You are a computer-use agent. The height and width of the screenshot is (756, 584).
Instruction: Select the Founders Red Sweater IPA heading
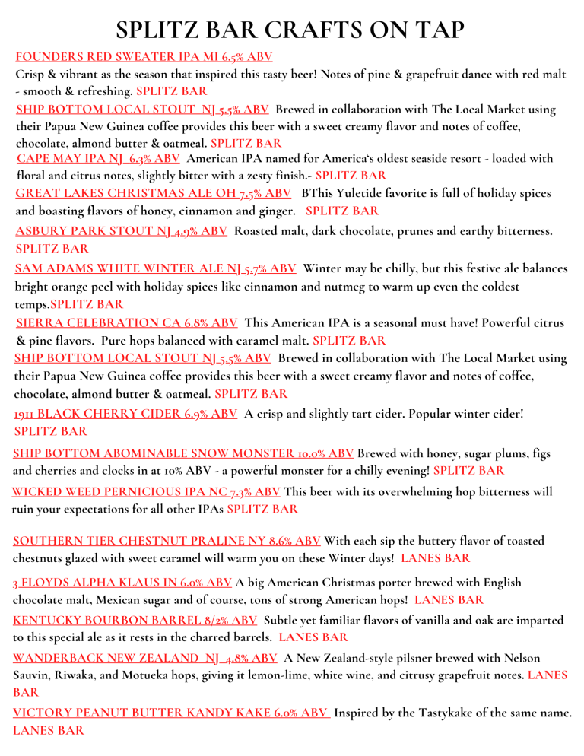click(x=144, y=56)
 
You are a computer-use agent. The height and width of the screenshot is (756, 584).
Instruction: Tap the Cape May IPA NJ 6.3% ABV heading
click(x=98, y=159)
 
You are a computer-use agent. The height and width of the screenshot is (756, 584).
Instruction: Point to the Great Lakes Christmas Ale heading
click(x=153, y=193)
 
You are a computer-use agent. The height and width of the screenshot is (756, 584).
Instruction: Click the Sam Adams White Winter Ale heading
click(x=156, y=268)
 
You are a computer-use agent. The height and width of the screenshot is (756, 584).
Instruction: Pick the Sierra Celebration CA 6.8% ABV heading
click(x=126, y=322)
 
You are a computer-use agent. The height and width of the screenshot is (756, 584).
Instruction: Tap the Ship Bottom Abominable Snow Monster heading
click(x=183, y=453)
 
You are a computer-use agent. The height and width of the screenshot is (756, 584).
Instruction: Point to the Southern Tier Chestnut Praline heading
click(x=167, y=541)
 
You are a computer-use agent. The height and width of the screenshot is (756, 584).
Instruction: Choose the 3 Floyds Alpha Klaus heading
click(x=122, y=582)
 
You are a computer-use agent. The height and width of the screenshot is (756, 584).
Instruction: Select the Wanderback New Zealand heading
click(x=145, y=656)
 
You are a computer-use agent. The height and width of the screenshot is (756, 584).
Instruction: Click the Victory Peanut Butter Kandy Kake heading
click(x=171, y=713)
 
